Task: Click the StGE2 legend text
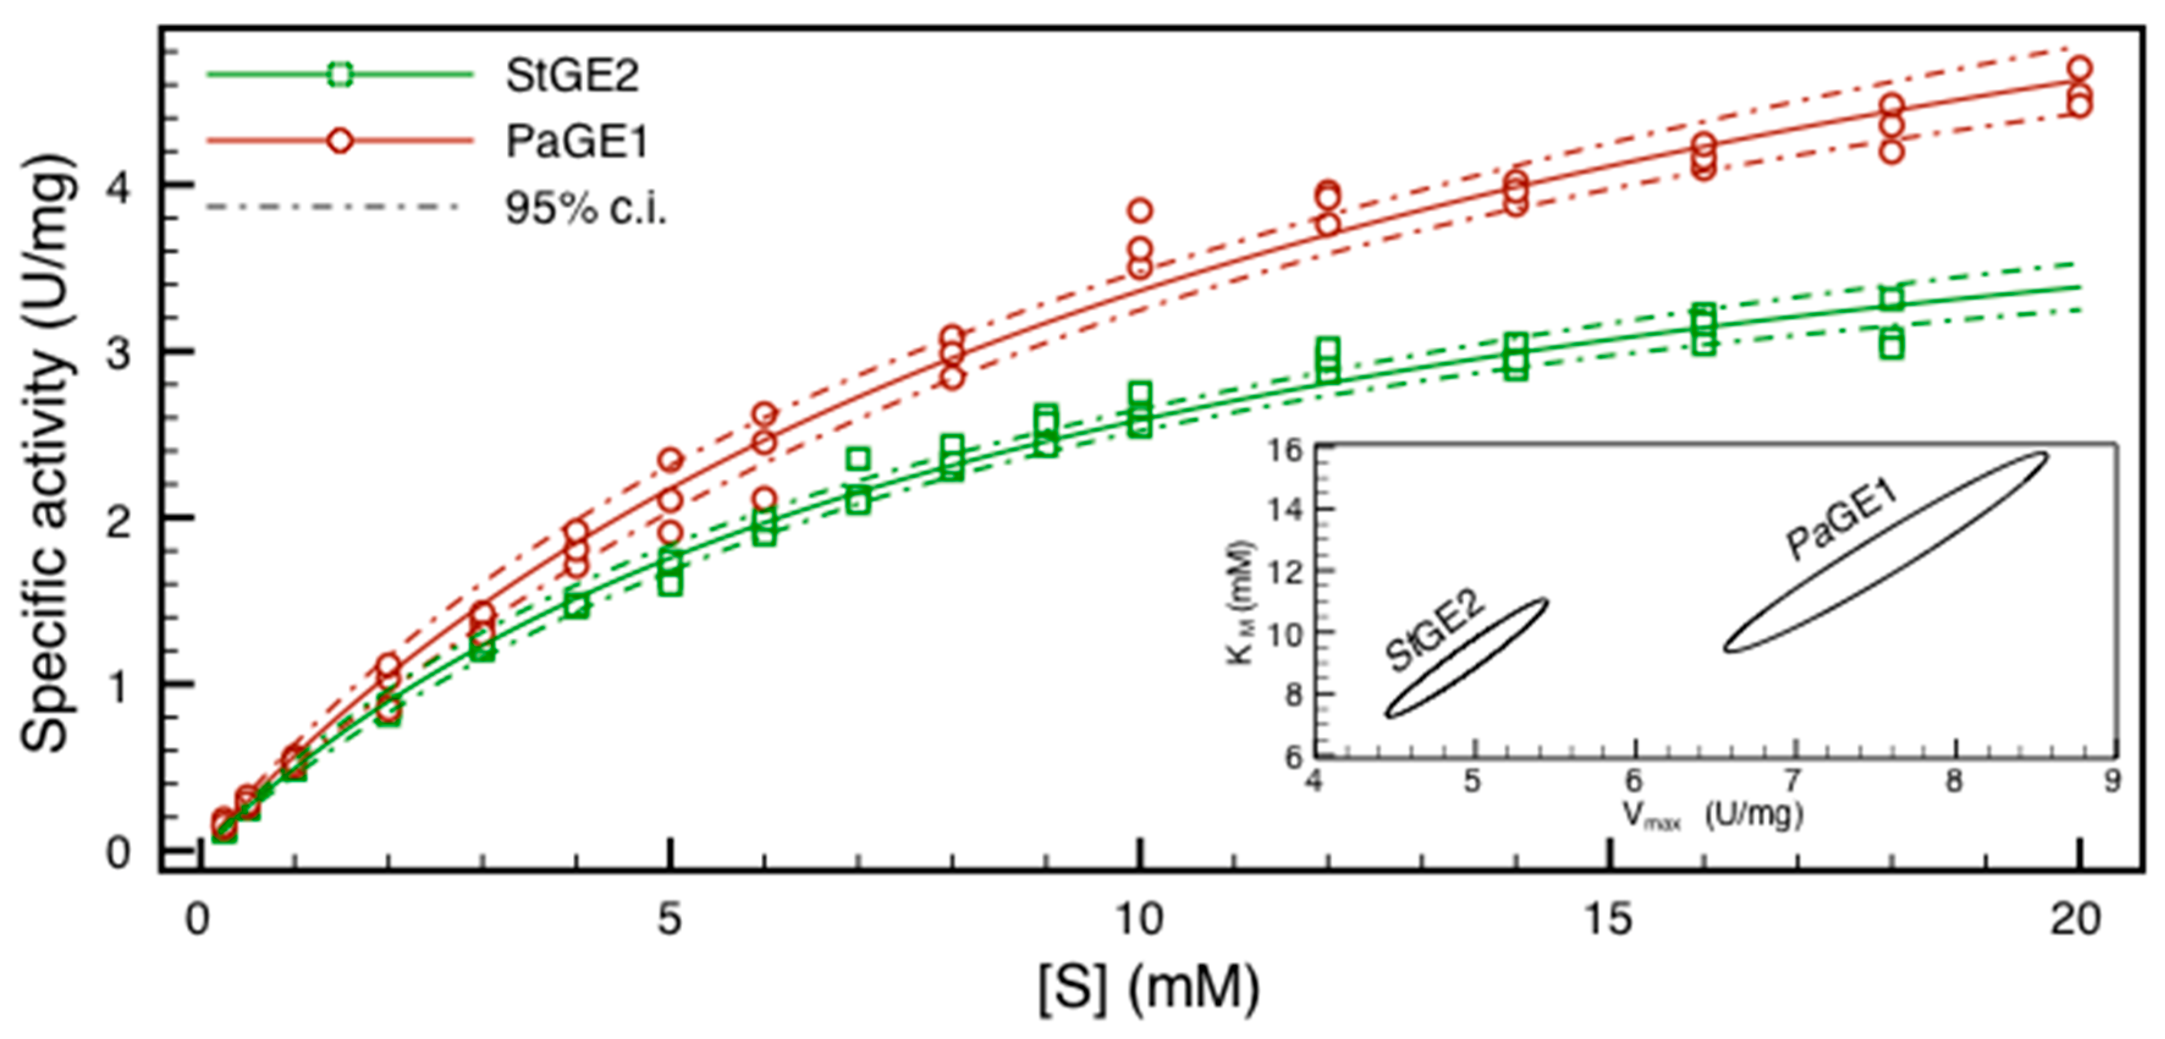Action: tap(572, 76)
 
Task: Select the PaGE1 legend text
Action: tap(577, 141)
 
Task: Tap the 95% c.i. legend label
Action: tap(586, 208)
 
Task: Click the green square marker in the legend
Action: tap(340, 74)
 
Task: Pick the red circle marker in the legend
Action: tap(340, 141)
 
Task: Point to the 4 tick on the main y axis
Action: tap(119, 186)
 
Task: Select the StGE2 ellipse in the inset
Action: tap(1467, 658)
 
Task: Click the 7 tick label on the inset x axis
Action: tap(1794, 781)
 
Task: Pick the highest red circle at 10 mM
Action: tap(1140, 210)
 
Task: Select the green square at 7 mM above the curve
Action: tap(857, 458)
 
